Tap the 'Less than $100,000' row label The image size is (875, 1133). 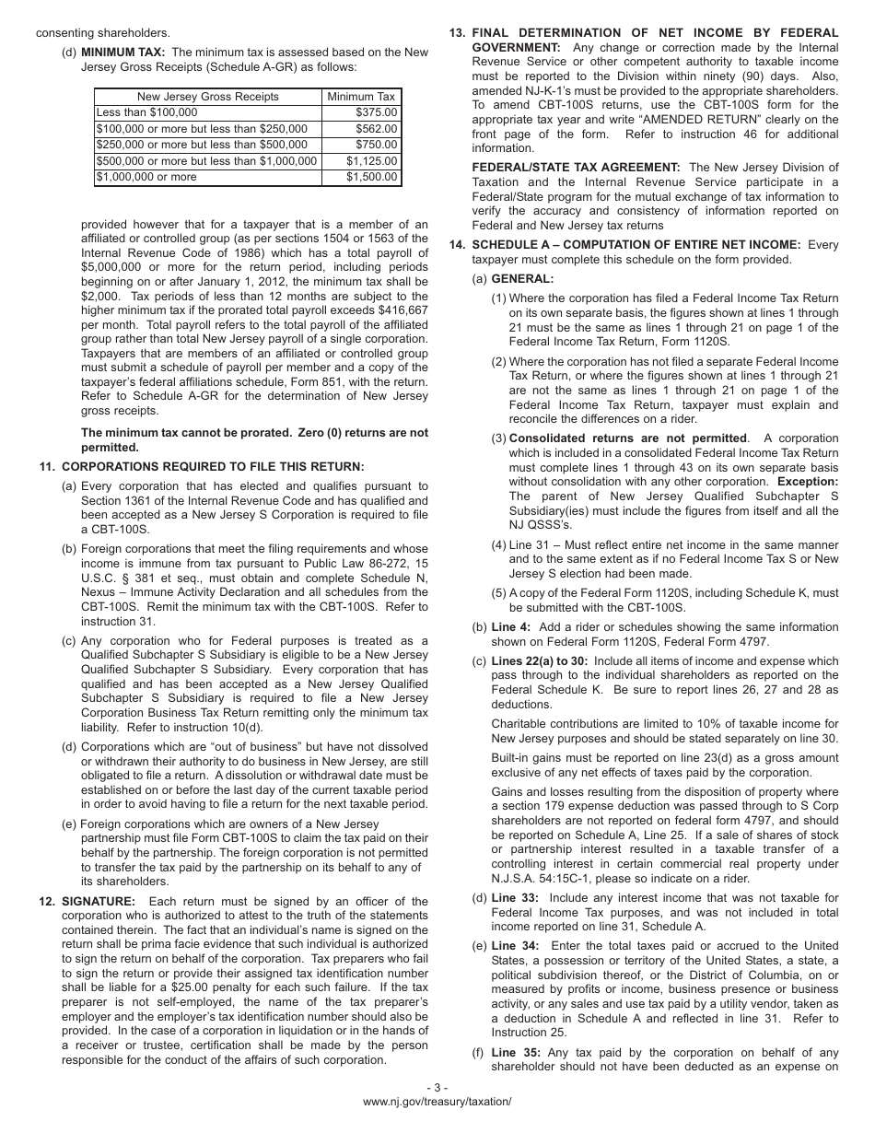click(146, 112)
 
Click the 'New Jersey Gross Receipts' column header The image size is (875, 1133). click(207, 97)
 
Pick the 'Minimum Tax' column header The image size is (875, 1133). click(361, 97)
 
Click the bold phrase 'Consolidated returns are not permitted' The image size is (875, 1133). click(628, 438)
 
